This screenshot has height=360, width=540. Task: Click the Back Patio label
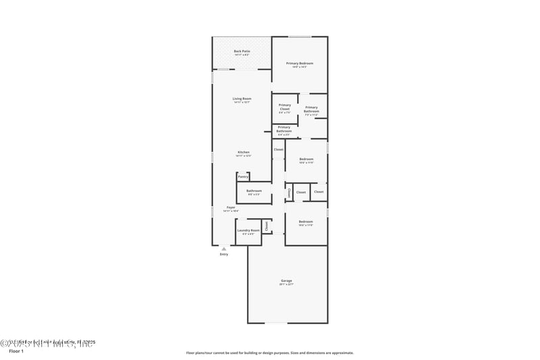coord(242,52)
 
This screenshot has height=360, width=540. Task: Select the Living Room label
coord(242,99)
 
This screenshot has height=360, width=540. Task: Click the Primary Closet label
coord(285,107)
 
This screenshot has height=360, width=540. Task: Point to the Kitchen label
coord(243,153)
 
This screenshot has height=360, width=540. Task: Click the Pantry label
coord(242,177)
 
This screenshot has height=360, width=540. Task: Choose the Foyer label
coord(231,207)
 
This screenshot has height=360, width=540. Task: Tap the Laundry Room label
coord(248,231)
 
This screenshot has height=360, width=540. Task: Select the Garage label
coord(287,281)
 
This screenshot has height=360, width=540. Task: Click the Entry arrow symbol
coord(224,249)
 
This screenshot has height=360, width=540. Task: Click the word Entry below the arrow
coord(224,255)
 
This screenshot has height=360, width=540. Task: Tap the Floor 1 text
coord(16,351)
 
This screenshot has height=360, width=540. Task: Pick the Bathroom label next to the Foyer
coord(254,191)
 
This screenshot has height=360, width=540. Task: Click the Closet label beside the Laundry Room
coord(267,226)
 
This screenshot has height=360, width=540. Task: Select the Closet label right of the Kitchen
coord(278,149)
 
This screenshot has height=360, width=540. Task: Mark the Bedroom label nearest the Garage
coord(306,222)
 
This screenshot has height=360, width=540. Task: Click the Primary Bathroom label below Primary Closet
coord(284,128)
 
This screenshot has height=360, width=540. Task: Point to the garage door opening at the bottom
coord(275,322)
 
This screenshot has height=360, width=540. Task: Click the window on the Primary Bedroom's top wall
coord(300,36)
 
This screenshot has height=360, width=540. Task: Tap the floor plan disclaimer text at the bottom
coord(270,353)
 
